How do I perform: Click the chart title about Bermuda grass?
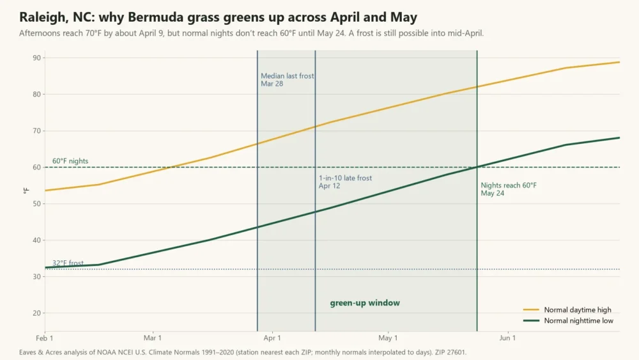point(219,17)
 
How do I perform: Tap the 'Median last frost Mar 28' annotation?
point(288,79)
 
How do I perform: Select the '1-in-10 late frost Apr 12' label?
point(345,182)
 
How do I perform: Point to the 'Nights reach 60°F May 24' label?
point(509,189)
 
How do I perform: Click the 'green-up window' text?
point(365,303)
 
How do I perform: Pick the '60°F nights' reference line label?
point(70,161)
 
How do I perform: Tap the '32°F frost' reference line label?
point(68,263)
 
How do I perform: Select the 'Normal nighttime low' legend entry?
point(568,321)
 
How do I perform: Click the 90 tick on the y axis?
point(36,58)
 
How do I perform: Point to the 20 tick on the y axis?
point(36,313)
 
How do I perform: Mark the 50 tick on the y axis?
point(36,204)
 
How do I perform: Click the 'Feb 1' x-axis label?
point(45,338)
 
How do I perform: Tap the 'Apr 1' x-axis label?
point(272,338)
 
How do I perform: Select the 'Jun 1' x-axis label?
point(507,338)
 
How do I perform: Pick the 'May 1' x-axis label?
point(388,338)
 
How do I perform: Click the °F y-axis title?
point(26,191)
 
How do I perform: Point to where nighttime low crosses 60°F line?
point(477,167)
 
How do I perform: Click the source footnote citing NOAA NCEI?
point(242,352)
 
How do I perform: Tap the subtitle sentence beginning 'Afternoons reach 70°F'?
point(251,33)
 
